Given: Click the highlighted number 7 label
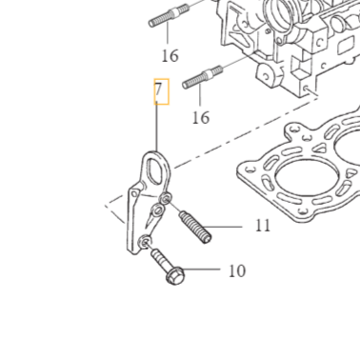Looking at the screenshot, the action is [161, 92].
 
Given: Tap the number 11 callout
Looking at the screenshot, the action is [263, 226].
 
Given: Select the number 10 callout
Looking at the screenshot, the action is [237, 270].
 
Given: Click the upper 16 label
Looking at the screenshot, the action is [170, 55].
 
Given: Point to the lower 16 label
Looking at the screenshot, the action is [200, 117].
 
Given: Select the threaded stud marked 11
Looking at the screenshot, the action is [194, 226].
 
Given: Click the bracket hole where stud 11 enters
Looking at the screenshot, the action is [167, 199].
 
